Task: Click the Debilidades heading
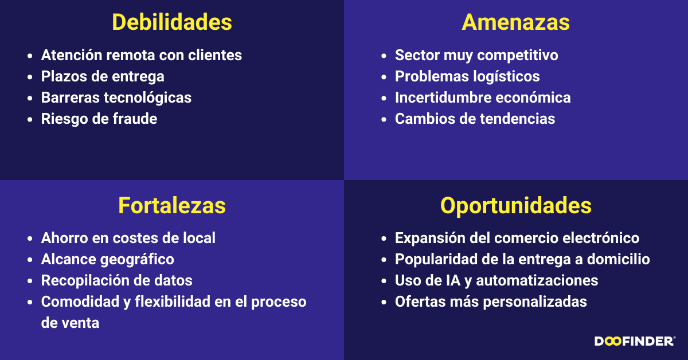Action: [172, 22]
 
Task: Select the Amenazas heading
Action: [515, 22]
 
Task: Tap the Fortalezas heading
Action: [172, 205]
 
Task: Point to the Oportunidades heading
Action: [515, 205]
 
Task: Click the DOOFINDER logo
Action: [635, 342]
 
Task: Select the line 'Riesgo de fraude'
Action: [99, 119]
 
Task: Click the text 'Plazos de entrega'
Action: [103, 76]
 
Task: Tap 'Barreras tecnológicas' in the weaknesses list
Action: [116, 97]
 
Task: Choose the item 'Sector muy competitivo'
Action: [476, 55]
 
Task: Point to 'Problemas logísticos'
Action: [467, 76]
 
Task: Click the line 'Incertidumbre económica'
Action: [483, 97]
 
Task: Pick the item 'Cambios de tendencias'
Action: [475, 119]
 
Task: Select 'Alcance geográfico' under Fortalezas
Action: [107, 259]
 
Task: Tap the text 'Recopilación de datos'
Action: [116, 280]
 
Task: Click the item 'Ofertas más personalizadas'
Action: [491, 302]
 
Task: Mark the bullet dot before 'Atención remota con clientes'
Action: [30, 56]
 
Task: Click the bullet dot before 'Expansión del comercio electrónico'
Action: [384, 238]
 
